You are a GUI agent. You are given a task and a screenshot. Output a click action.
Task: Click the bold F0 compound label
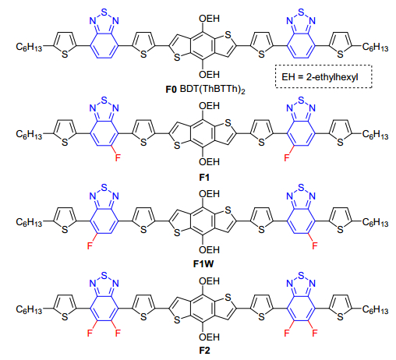pos(171,90)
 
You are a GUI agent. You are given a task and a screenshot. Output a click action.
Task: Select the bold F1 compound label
pos(204,178)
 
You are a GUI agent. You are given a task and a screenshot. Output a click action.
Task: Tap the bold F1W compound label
pos(203,264)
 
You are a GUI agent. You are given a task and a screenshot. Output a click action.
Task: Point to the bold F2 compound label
pos(204,351)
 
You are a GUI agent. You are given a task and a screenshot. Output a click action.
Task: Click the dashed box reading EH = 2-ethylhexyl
pos(324,76)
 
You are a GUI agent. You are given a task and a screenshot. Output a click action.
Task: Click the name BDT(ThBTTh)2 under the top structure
pos(212,90)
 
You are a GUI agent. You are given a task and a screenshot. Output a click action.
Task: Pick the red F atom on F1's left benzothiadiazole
pos(118,157)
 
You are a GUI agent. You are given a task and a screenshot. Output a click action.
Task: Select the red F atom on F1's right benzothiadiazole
pos(287,157)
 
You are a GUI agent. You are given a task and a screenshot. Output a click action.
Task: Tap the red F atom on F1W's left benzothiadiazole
pos(90,245)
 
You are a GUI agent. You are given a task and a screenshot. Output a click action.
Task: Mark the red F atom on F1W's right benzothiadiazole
pos(315,245)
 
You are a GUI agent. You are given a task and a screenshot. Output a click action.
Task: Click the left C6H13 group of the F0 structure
pos(29,47)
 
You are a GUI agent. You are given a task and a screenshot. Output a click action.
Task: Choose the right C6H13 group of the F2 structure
pos(375,309)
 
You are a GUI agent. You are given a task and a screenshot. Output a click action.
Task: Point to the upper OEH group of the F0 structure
pos(209,19)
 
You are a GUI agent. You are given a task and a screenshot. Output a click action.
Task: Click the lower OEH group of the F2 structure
pos(209,337)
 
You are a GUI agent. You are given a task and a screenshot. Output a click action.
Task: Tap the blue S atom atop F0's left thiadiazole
pos(104,12)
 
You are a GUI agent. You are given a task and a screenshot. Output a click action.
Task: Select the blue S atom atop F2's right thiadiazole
pos(301,274)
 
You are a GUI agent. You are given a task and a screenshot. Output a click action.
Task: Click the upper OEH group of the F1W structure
pos(209,194)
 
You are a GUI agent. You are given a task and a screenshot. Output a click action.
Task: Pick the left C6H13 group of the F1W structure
pos(29,222)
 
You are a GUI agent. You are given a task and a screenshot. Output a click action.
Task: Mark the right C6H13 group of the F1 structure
pos(375,135)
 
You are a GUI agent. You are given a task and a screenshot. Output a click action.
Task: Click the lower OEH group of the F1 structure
pos(209,162)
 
